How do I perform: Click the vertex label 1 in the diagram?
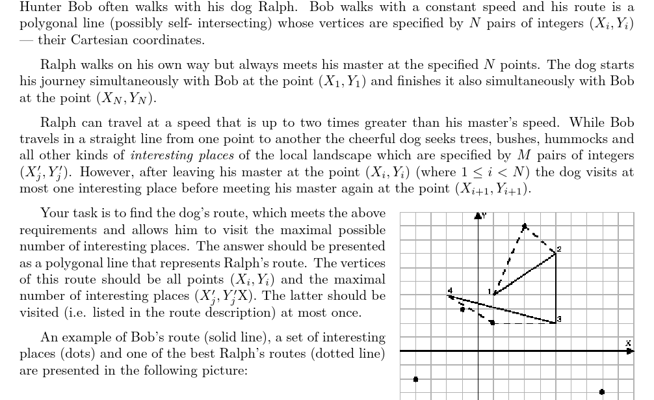[490, 291]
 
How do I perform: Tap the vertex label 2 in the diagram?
[558, 250]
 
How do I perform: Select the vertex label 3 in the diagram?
[558, 318]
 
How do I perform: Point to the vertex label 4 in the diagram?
[449, 290]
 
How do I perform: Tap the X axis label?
[628, 343]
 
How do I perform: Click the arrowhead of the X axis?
[630, 351]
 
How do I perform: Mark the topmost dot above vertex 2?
[525, 226]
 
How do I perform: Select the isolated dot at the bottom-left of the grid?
[416, 379]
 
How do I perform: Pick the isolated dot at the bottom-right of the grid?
[602, 392]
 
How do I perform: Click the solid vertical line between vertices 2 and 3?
[556, 286]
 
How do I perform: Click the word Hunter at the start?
[38, 8]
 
